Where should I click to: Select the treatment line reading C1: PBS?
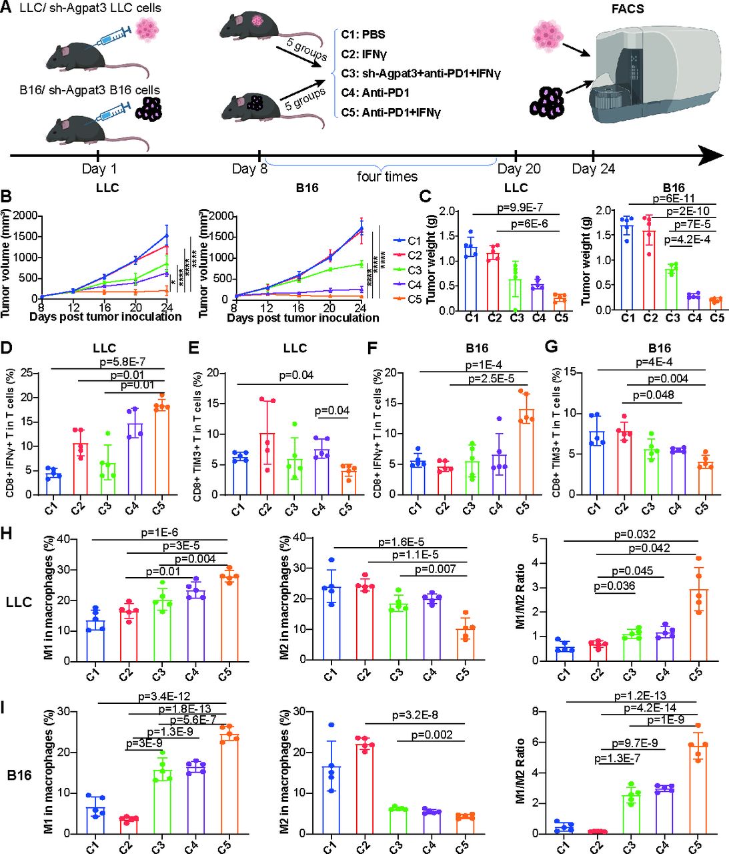click(x=363, y=34)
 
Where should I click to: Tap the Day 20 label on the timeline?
click(x=519, y=169)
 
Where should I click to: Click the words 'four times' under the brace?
click(x=387, y=177)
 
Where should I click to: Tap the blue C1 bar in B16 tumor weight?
click(x=627, y=268)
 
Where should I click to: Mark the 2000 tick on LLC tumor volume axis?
click(x=23, y=216)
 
